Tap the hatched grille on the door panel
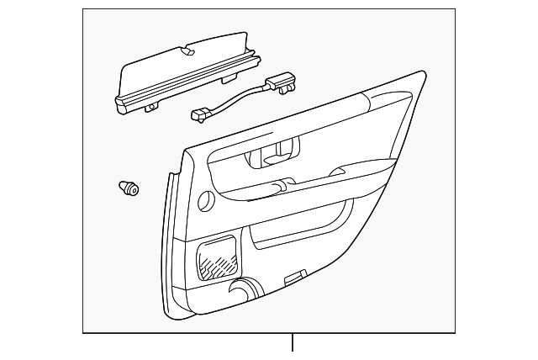click(217, 257)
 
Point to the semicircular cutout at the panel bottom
click(244, 292)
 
